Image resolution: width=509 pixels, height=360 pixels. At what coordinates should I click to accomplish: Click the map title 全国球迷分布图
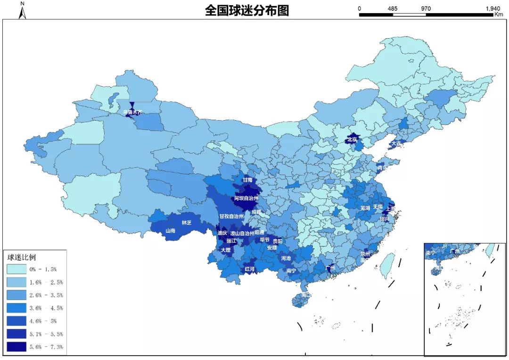(246, 10)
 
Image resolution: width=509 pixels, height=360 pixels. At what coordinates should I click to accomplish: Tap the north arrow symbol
(22, 11)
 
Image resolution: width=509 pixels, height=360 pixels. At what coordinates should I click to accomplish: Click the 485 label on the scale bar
(393, 8)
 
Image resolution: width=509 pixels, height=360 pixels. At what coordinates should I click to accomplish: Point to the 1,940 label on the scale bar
(492, 8)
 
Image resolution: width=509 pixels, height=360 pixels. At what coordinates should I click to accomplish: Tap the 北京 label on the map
(353, 139)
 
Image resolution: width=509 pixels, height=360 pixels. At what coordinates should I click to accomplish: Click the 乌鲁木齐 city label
(132, 112)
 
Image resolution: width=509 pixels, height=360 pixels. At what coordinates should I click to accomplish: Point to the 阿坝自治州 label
(246, 199)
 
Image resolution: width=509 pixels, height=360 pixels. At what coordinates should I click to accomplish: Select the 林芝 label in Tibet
(186, 222)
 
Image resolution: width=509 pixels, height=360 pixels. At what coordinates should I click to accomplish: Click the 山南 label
(170, 231)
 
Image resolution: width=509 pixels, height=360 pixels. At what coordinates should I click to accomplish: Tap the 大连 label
(396, 143)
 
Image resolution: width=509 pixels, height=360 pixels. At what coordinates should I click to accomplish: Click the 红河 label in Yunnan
(249, 269)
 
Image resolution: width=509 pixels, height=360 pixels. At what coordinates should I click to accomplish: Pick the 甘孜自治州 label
(231, 216)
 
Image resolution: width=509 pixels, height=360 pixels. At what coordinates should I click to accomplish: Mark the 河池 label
(286, 258)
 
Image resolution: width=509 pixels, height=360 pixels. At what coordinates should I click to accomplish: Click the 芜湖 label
(365, 208)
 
